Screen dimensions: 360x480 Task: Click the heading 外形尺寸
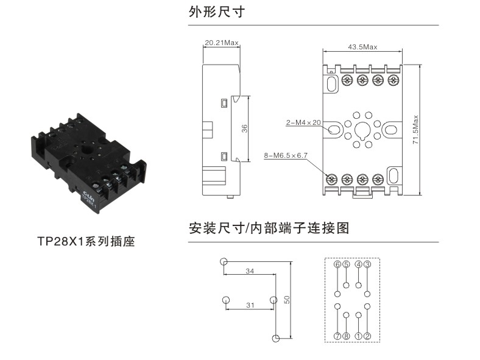(217, 12)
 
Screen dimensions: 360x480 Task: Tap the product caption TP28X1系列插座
(85, 241)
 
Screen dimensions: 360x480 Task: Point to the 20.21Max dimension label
(222, 43)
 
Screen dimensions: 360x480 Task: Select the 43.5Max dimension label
(362, 47)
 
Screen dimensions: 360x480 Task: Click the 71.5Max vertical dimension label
(415, 129)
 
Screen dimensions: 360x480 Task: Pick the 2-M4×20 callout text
(303, 122)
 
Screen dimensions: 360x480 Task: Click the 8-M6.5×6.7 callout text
(286, 156)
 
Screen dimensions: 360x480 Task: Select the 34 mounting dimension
(250, 271)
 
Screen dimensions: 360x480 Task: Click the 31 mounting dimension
(250, 305)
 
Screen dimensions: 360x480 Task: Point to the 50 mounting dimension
(287, 299)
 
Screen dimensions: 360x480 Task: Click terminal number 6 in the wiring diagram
(337, 264)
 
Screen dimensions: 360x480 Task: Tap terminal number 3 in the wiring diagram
(367, 264)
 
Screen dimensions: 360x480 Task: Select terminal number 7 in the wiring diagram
(337, 336)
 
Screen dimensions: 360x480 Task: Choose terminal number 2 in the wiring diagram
(367, 336)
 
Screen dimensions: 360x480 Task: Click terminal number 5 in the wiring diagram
(346, 264)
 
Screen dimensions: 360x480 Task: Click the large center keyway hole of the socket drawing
(362, 129)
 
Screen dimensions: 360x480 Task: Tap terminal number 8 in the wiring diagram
(346, 336)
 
